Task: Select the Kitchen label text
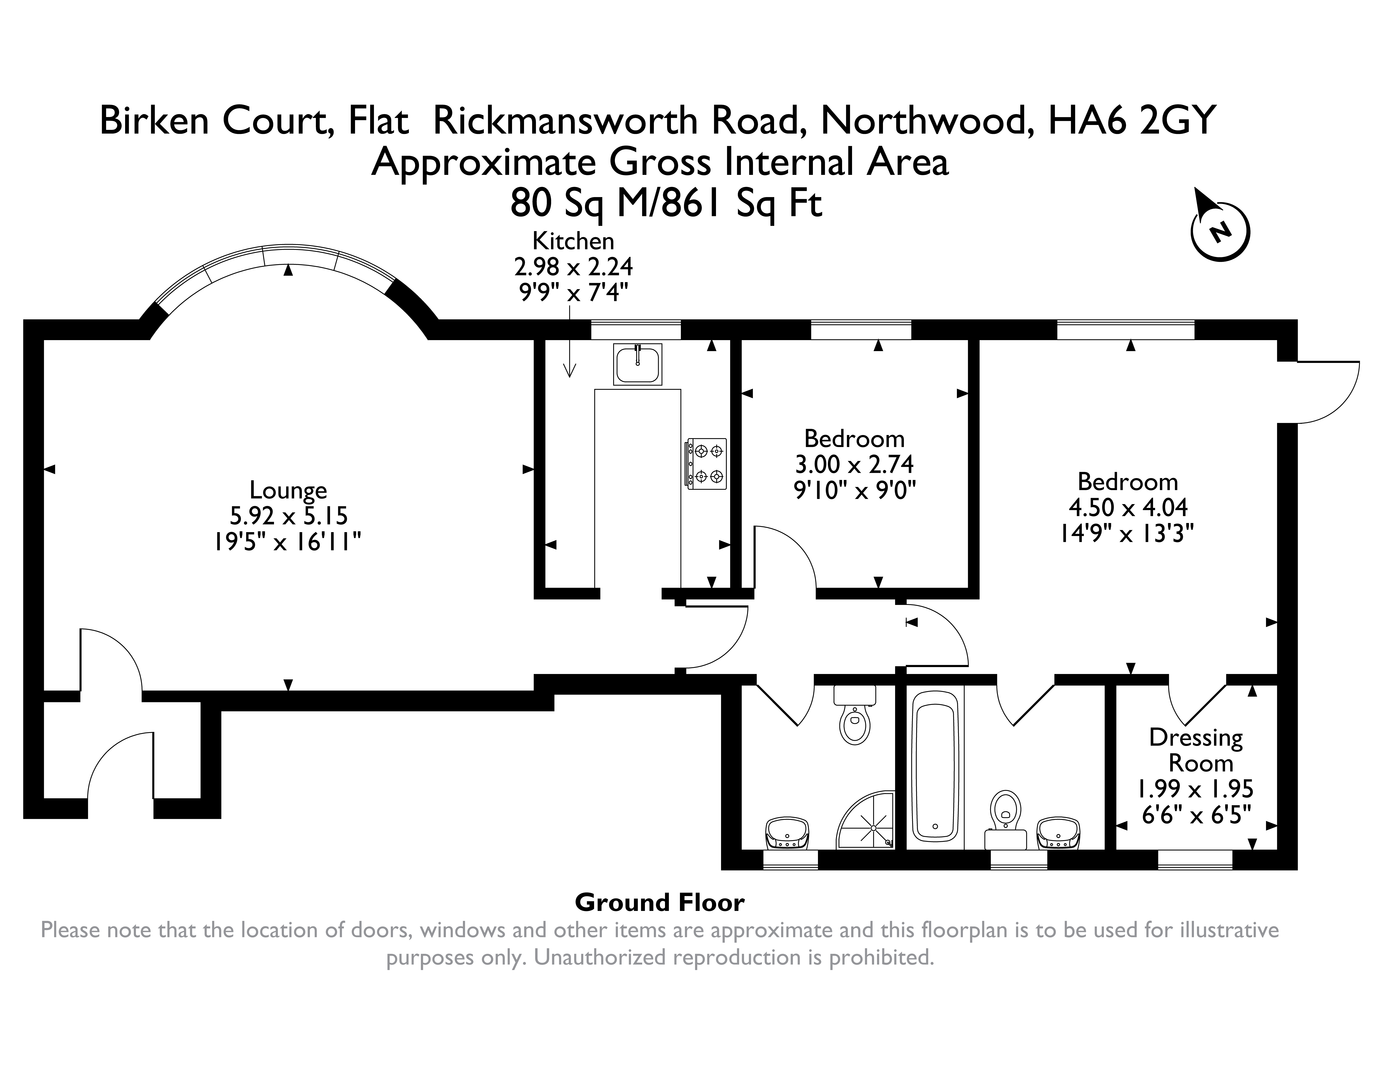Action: [573, 241]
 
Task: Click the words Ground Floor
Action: [659, 902]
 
